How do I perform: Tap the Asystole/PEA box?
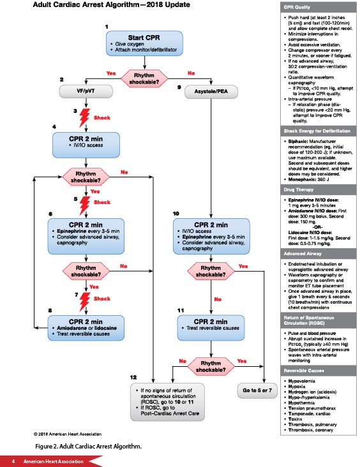point(207,91)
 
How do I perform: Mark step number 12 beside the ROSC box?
point(133,378)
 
